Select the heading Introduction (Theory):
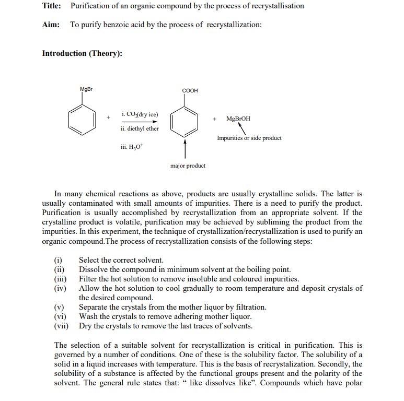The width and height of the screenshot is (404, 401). (x=82, y=53)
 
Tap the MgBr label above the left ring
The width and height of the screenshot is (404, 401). (x=86, y=89)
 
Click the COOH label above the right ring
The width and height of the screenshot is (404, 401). (x=190, y=90)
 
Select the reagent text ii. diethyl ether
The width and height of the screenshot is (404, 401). (x=140, y=128)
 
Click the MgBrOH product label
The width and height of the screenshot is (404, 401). (x=238, y=119)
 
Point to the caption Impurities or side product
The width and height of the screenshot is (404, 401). (x=249, y=138)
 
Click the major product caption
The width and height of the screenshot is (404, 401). (x=188, y=166)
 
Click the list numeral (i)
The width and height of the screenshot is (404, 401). (x=59, y=260)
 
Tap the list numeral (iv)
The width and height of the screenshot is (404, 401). (x=60, y=288)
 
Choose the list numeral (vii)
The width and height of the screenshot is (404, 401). (x=61, y=326)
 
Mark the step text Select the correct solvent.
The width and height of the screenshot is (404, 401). (x=121, y=260)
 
